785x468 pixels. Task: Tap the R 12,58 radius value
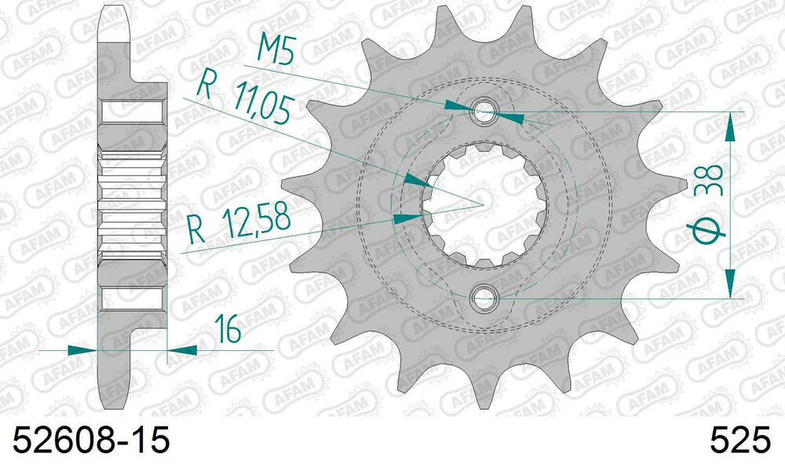coord(236,225)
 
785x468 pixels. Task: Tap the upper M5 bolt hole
coord(484,110)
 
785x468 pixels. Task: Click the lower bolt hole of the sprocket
coord(484,298)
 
